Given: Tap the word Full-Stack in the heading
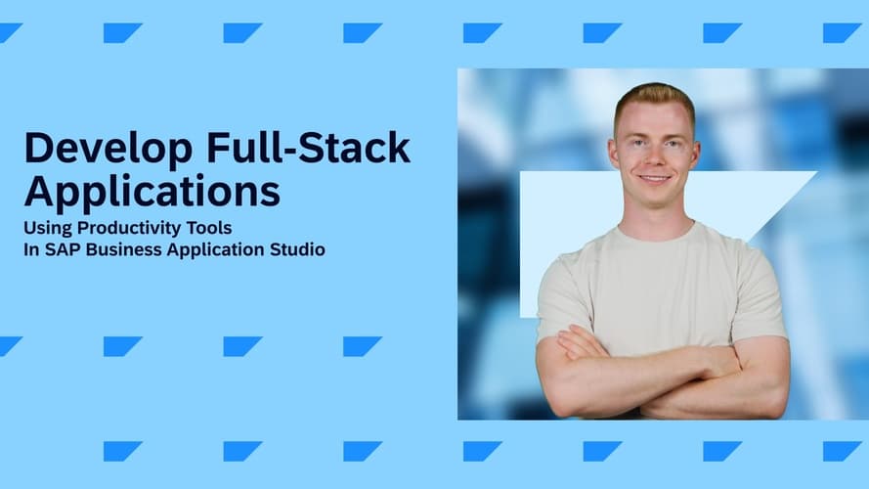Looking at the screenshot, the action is tap(308, 148).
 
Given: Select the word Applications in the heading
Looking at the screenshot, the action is tap(152, 193).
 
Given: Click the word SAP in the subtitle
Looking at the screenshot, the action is tap(63, 249).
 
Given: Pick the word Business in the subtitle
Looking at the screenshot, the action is tap(124, 249).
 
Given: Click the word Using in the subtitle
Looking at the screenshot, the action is tap(48, 229).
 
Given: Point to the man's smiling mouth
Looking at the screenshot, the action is tap(655, 179).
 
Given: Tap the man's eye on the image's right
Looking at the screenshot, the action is tap(673, 144).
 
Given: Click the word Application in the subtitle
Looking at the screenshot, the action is tap(216, 250).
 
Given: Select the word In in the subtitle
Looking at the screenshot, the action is tap(31, 249).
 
